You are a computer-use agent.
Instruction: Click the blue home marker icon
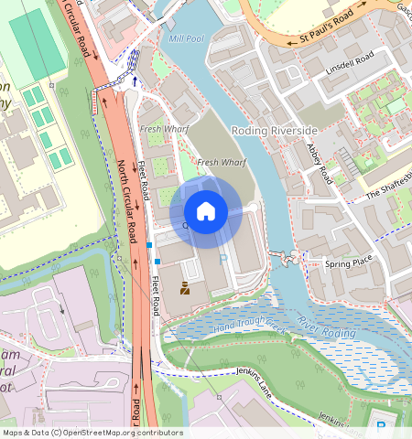[x=206, y=211]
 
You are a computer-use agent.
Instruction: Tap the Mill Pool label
[x=187, y=39]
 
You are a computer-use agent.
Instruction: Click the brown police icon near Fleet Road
[x=185, y=290]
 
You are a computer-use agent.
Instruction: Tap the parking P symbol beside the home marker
[x=226, y=260]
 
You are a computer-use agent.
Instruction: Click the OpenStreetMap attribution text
[x=92, y=433]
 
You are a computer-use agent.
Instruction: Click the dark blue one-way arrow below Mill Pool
[x=136, y=81]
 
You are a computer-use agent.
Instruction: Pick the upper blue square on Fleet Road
[x=149, y=245]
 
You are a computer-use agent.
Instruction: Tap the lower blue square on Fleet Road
[x=157, y=262]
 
